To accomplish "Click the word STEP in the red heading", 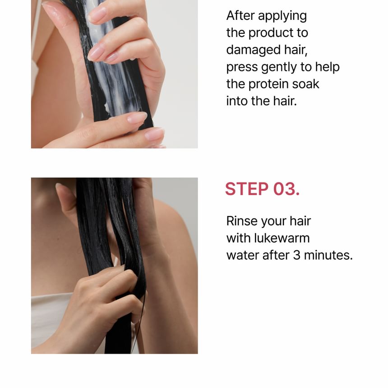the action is click(247, 189).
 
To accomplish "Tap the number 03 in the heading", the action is click(286, 189).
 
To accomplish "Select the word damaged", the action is click(253, 50).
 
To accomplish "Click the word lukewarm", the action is click(282, 238).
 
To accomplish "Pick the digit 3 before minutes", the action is click(296, 255).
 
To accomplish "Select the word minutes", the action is click(328, 255).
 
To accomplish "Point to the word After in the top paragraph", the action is click(240, 16).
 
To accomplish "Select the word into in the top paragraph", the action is click(237, 101).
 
